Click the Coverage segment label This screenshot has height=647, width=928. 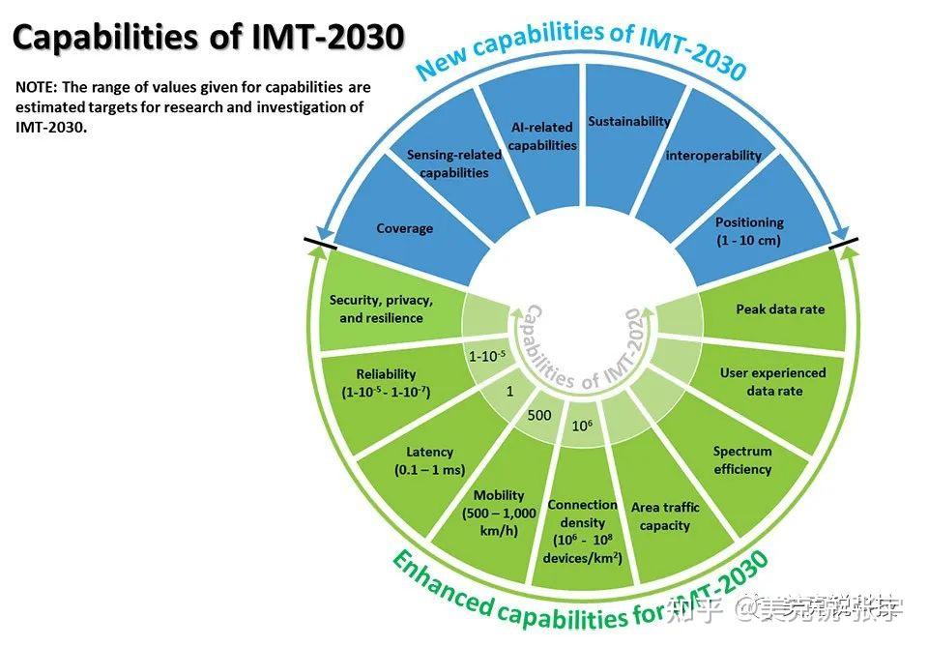[x=404, y=229]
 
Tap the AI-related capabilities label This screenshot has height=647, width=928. [x=541, y=135]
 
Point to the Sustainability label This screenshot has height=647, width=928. [x=628, y=122]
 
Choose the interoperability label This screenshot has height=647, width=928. [x=713, y=155]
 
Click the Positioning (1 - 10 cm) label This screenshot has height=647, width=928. [x=749, y=231]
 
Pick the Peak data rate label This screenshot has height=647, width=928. [x=780, y=309]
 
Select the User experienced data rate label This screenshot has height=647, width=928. [x=773, y=381]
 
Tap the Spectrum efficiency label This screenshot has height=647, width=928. [x=742, y=460]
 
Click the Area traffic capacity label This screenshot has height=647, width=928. [x=665, y=516]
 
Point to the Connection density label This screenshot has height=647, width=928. [x=582, y=531]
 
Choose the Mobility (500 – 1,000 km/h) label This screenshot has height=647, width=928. [x=499, y=513]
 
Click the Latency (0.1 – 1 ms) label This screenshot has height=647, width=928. [x=429, y=460]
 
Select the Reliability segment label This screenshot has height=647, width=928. [x=386, y=383]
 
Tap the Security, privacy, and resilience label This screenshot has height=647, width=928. [x=381, y=309]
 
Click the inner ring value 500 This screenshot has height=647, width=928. [x=538, y=416]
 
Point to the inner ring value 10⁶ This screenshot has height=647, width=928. [x=582, y=426]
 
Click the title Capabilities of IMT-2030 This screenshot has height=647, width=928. [x=207, y=38]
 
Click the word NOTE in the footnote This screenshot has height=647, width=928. [x=36, y=87]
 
